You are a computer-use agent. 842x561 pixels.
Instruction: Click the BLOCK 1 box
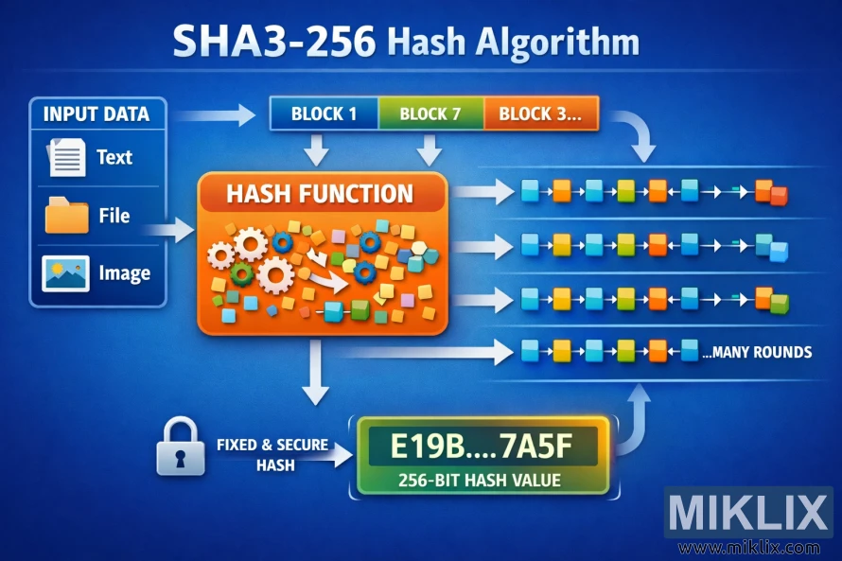[x=324, y=114]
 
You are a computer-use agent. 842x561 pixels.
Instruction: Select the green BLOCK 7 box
[x=430, y=114]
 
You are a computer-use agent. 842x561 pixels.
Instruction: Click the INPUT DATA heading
[x=96, y=114]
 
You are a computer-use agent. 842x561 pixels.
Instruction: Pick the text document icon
[x=66, y=157]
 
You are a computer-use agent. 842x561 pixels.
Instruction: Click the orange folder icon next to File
[x=66, y=216]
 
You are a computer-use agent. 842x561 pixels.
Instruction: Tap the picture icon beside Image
[x=65, y=274]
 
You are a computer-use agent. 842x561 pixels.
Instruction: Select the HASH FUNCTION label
[x=320, y=195]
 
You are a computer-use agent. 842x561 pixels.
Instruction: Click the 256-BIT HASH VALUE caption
[x=480, y=480]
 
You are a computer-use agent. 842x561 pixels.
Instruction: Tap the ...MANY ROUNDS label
[x=757, y=352]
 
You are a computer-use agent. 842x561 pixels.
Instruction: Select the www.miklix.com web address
[x=749, y=547]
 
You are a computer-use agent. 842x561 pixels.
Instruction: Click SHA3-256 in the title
[x=273, y=44]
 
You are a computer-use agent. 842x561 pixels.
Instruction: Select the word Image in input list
[x=124, y=274]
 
